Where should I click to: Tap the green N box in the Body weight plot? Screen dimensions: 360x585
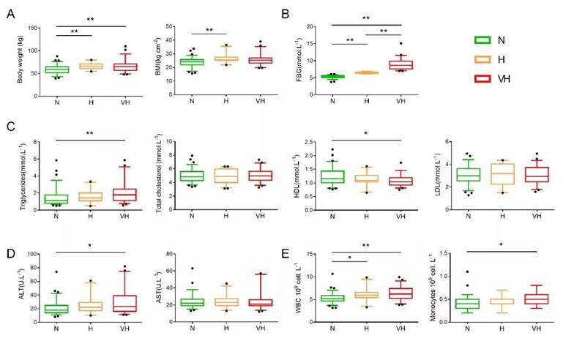coord(57,70)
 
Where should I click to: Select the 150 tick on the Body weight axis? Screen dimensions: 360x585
coord(34,29)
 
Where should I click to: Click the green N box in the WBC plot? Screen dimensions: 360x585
coord(334,298)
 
